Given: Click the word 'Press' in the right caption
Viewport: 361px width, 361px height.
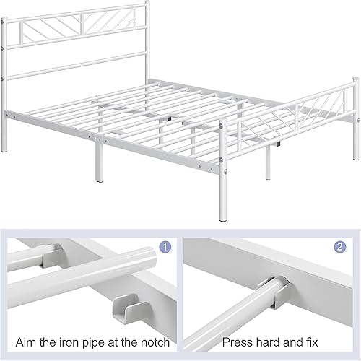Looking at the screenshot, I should point(237,341).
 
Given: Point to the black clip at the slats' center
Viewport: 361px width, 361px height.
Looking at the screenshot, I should point(168,118).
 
